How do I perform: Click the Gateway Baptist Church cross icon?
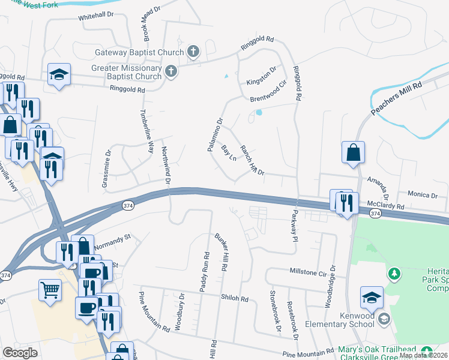(x=193, y=52)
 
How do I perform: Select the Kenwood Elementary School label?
(x=340, y=324)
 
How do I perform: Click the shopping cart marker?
(x=50, y=290)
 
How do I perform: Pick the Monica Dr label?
(x=423, y=194)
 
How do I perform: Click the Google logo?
(x=20, y=353)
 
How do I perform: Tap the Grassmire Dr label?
(x=107, y=167)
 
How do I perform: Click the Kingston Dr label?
(x=261, y=75)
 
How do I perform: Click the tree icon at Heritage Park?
(x=394, y=274)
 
